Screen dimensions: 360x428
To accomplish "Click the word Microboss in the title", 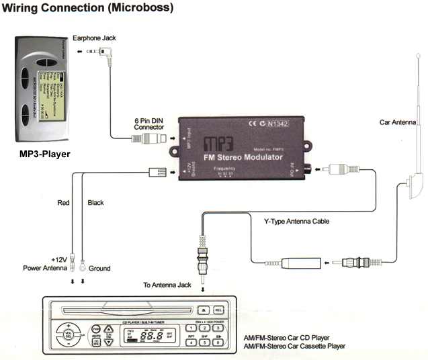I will click(140, 8).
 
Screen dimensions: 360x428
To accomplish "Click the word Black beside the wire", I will click(96, 202).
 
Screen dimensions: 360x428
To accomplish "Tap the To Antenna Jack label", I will click(167, 285).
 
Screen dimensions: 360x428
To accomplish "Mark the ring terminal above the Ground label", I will click(83, 261).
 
